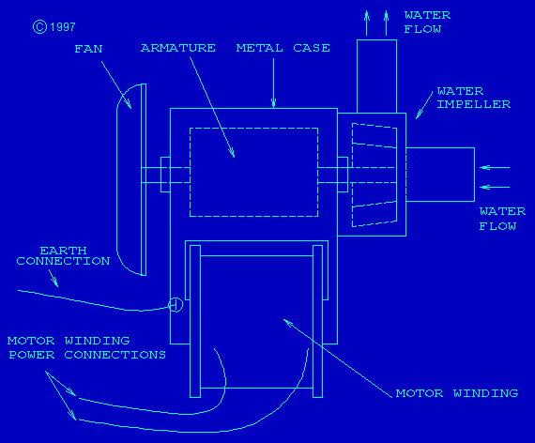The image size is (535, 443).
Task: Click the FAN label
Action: [88, 49]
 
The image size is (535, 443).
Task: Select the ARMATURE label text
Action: [178, 48]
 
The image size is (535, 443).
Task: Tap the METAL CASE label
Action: [283, 48]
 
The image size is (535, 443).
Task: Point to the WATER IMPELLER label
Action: [474, 98]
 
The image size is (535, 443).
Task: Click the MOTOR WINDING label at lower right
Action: [457, 393]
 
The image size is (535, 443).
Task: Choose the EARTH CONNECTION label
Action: [63, 256]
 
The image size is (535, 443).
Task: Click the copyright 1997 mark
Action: [53, 27]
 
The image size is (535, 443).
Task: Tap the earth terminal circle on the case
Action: [176, 304]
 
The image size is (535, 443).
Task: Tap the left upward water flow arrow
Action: [367, 23]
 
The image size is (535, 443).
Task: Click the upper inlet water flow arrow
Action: [495, 168]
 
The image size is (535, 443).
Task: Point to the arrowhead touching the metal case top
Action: [273, 103]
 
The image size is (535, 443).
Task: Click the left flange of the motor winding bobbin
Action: [195, 322]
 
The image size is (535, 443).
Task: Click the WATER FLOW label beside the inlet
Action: [502, 219]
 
